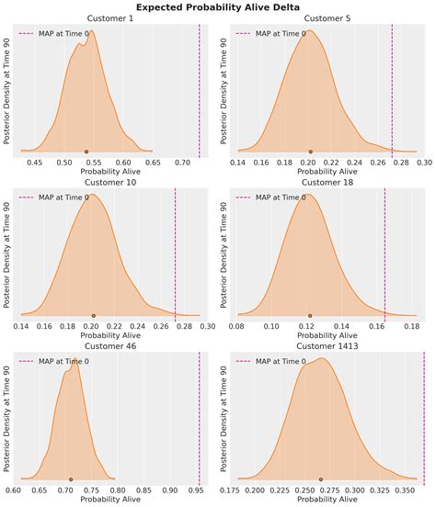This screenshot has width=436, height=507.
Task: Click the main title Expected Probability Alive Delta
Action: (218, 6)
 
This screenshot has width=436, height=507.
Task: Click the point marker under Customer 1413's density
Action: (320, 479)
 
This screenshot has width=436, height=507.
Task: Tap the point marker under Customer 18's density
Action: (310, 315)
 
